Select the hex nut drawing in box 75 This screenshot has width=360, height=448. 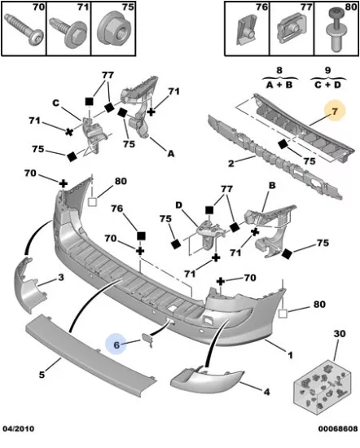click(x=113, y=29)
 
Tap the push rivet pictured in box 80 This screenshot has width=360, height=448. click(x=337, y=29)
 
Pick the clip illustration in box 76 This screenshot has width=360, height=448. click(x=247, y=30)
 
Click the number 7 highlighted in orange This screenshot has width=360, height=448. click(x=335, y=111)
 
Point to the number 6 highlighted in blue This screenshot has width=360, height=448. click(x=116, y=345)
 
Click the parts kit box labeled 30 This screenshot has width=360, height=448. click(x=322, y=384)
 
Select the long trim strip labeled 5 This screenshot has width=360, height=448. click(x=91, y=355)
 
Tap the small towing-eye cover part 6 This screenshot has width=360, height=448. click(x=147, y=339)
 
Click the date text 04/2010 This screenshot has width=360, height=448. click(x=18, y=428)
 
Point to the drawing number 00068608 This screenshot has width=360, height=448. click(x=338, y=428)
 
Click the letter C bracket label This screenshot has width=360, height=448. click(x=55, y=103)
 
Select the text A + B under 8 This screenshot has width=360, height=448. click(x=279, y=85)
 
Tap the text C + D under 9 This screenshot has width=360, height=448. click(x=327, y=85)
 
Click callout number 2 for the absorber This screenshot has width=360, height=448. click(x=230, y=164)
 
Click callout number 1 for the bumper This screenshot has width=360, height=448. click(x=290, y=355)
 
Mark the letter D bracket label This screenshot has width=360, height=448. click(x=178, y=205)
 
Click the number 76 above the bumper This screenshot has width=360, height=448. click(x=117, y=209)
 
